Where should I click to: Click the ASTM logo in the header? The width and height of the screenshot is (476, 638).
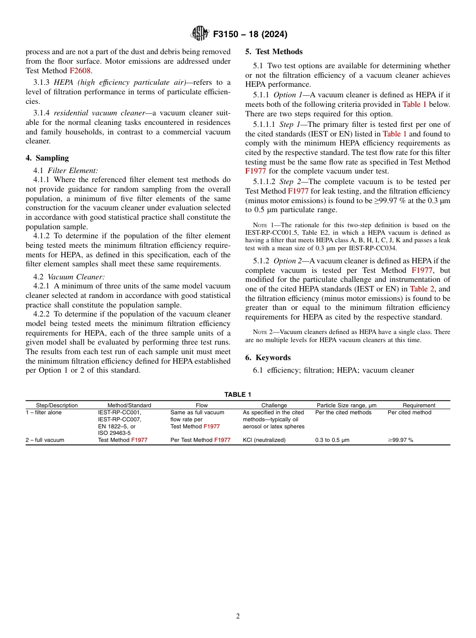199,34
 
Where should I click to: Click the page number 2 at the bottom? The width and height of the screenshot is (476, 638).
238,616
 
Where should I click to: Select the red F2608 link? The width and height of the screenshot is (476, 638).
80,71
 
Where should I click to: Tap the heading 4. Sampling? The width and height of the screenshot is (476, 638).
48,158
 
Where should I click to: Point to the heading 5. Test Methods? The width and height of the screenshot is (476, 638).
274,52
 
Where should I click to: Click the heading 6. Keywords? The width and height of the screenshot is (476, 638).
268,358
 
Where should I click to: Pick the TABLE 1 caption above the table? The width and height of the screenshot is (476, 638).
238,395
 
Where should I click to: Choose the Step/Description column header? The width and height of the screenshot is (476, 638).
57,405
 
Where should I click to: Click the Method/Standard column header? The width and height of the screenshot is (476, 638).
129,405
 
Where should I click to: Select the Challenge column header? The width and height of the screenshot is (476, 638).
274,405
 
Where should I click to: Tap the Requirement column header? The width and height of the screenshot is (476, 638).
419,405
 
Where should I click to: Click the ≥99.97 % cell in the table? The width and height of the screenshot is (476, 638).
400,440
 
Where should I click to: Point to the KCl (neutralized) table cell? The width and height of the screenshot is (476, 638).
264,440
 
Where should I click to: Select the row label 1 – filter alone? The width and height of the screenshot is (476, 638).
44,413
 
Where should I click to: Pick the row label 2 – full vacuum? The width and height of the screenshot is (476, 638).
45,440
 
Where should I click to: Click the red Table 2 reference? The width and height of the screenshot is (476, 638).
422,289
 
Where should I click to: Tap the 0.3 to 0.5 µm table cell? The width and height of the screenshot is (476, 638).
332,440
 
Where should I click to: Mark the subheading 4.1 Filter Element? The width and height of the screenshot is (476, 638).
66,171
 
